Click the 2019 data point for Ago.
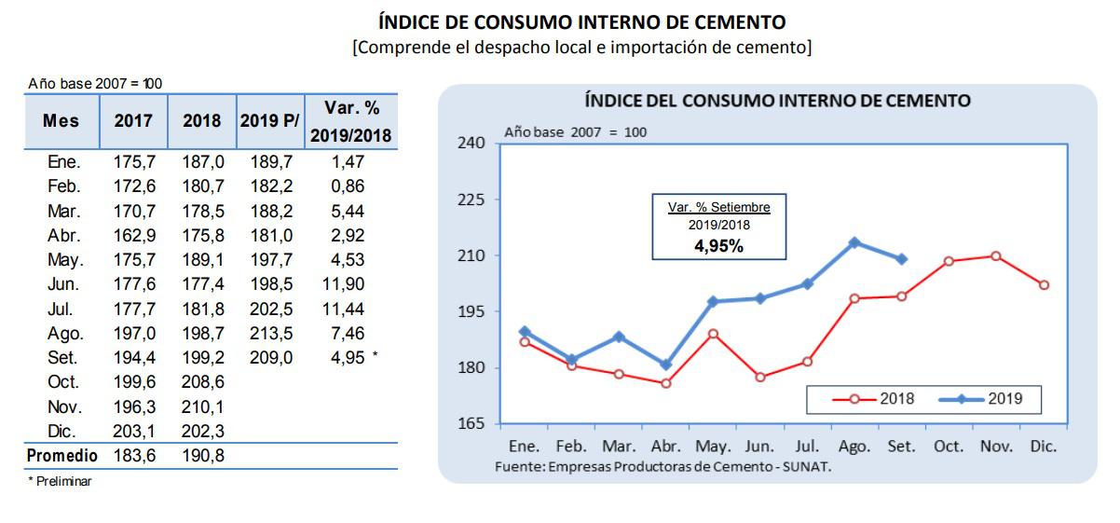854,242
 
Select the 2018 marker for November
996,256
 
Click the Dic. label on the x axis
1044,447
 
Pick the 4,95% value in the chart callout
717,246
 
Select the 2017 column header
133,121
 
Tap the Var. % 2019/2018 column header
350,121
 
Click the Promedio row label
61,456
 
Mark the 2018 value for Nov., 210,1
202,406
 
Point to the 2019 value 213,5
271,333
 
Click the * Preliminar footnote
60,481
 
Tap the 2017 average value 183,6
133,456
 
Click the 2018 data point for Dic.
1044,285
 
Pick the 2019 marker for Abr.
665,365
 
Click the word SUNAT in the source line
809,466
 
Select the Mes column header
61,121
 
